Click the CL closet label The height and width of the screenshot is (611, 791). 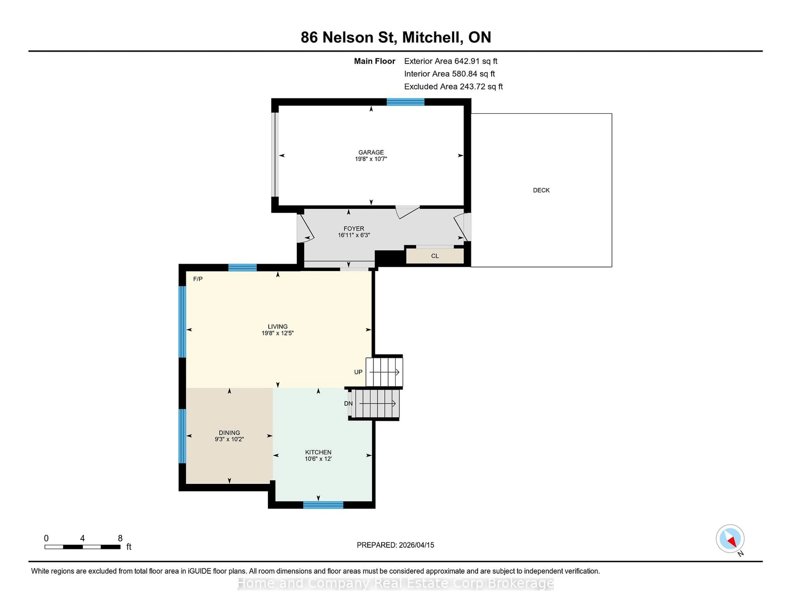click(x=435, y=256)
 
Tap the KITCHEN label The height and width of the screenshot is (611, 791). click(x=318, y=452)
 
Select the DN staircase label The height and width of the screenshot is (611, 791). click(x=348, y=403)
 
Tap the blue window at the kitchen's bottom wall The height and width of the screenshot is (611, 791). click(x=323, y=505)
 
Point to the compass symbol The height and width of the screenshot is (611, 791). click(x=730, y=539)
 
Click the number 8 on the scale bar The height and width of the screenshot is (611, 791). click(x=120, y=538)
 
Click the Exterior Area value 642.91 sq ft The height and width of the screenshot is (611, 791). click(x=476, y=61)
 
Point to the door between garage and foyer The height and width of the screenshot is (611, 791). click(x=407, y=211)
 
